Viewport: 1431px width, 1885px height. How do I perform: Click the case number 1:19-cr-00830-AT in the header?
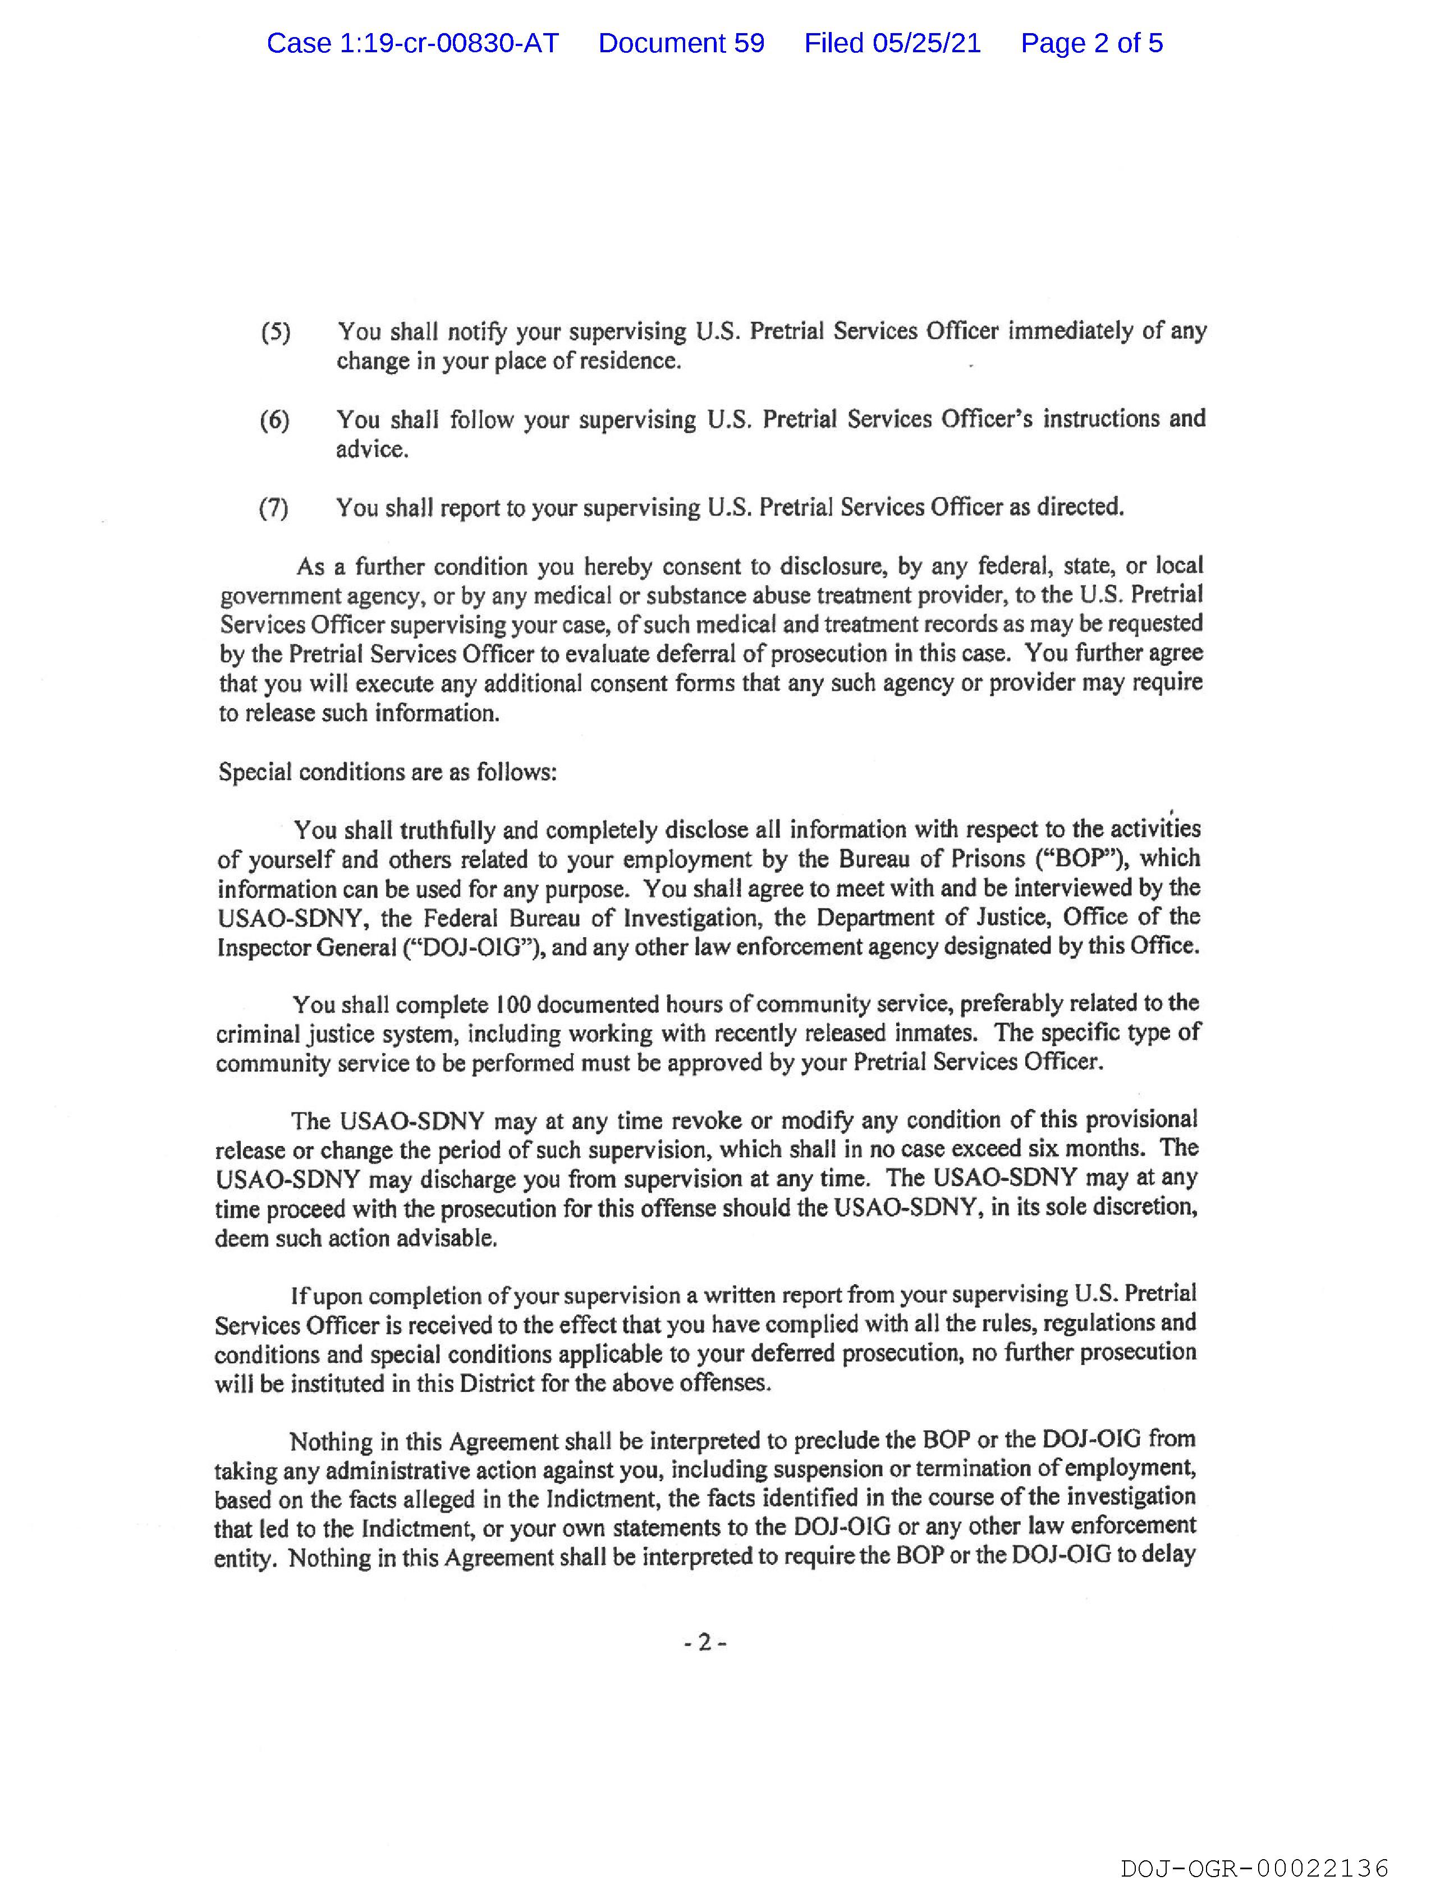[x=412, y=43]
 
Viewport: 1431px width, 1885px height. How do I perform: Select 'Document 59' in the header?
[x=681, y=43]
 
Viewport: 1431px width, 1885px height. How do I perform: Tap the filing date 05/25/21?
[x=926, y=43]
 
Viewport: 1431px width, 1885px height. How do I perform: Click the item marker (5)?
[x=275, y=332]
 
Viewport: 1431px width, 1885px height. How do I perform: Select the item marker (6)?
[x=274, y=420]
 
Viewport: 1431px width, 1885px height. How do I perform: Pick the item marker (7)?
[x=273, y=509]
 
